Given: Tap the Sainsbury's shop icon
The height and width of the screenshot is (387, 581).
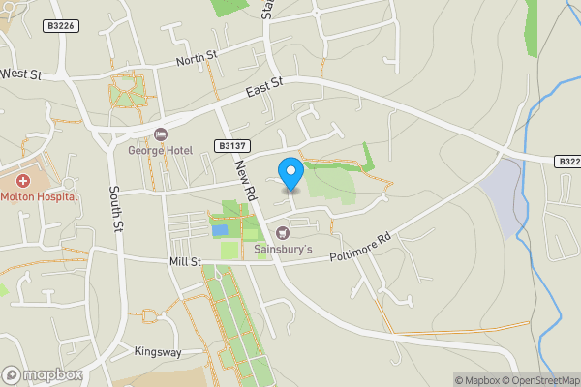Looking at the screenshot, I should (x=283, y=232).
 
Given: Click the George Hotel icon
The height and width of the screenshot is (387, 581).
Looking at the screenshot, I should (x=161, y=134).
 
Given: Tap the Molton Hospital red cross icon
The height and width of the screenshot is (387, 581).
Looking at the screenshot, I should (x=22, y=180).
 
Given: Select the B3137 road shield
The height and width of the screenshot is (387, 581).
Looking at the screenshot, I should (x=229, y=145).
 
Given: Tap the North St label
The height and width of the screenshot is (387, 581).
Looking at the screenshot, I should (x=198, y=60).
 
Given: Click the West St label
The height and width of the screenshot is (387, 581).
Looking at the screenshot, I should (x=21, y=74).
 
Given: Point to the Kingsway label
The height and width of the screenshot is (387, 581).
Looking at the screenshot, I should (x=158, y=352).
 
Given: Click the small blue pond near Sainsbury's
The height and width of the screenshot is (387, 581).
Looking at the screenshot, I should (x=221, y=230).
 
